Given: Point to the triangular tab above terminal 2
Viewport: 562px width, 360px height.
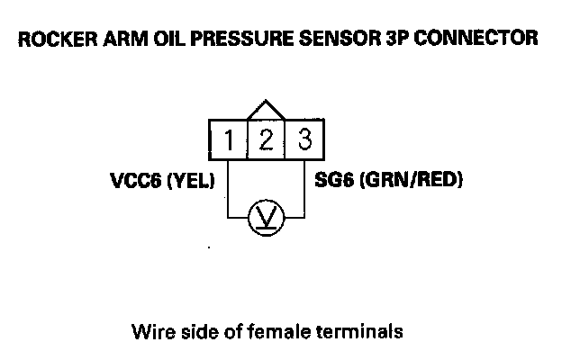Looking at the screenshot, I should click(x=267, y=110).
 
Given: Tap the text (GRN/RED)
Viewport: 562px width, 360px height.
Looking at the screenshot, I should click(x=411, y=180).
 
